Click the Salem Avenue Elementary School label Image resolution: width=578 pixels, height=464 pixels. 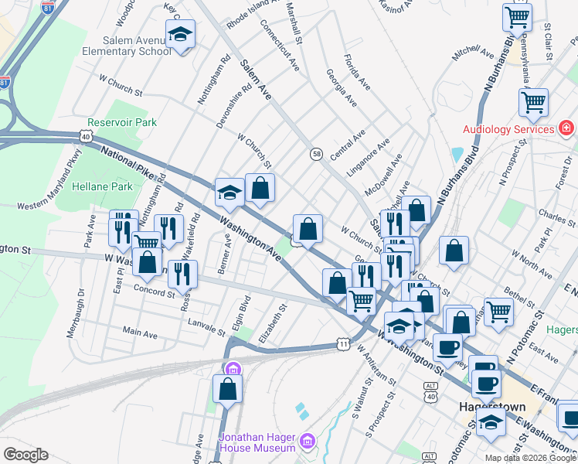coord(136,46)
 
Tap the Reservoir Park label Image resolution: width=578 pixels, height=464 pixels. coord(122,122)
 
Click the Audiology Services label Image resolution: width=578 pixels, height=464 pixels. coord(508,129)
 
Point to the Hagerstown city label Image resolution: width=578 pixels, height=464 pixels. coord(492,407)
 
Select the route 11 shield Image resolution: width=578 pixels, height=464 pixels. coord(342,343)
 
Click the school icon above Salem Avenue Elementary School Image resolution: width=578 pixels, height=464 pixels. coord(181,35)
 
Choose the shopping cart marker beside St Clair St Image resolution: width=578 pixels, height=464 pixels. coord(517,16)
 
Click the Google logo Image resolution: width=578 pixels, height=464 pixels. coord(25,455)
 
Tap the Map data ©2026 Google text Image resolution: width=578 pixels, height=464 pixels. coord(530,458)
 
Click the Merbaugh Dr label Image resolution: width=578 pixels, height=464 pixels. coord(81,309)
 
